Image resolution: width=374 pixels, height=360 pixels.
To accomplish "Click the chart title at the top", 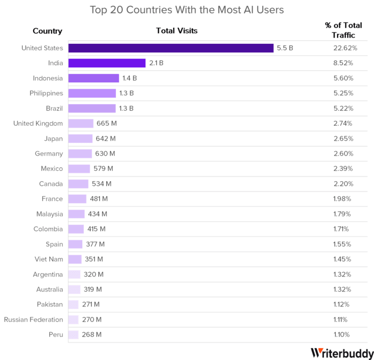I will tap(186, 10).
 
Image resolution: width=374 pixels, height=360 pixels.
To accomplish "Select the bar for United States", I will tap(171, 48).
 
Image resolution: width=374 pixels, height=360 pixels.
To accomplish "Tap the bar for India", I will tap(107, 63).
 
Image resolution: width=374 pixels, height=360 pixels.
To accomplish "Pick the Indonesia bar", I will tap(93, 78).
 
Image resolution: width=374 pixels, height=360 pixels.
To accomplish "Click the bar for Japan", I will tap(80, 139).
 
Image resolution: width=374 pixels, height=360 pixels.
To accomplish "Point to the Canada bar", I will tap(78, 184).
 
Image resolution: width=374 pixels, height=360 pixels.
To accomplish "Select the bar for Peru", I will tap(73, 335).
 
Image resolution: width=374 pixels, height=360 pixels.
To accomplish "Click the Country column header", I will tap(48, 31).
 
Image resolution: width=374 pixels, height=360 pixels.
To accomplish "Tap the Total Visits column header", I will tap(176, 31).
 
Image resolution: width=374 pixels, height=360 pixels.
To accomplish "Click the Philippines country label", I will tap(46, 93).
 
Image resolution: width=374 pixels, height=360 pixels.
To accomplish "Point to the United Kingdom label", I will tap(38, 124).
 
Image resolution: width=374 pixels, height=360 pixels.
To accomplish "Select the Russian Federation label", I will tap(34, 320).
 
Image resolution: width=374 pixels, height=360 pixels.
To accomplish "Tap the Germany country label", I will tap(50, 154).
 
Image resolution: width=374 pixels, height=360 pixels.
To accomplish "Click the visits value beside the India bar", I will tap(156, 63).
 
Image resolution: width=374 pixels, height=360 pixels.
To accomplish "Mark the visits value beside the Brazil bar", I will tap(127, 108).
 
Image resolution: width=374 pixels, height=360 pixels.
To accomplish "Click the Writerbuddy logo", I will tap(341, 352).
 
